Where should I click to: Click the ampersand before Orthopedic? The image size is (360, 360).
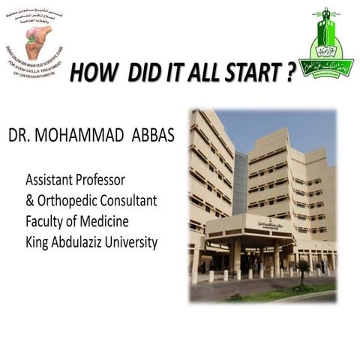coord(30,202)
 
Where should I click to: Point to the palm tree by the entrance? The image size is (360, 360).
coord(303,268)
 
